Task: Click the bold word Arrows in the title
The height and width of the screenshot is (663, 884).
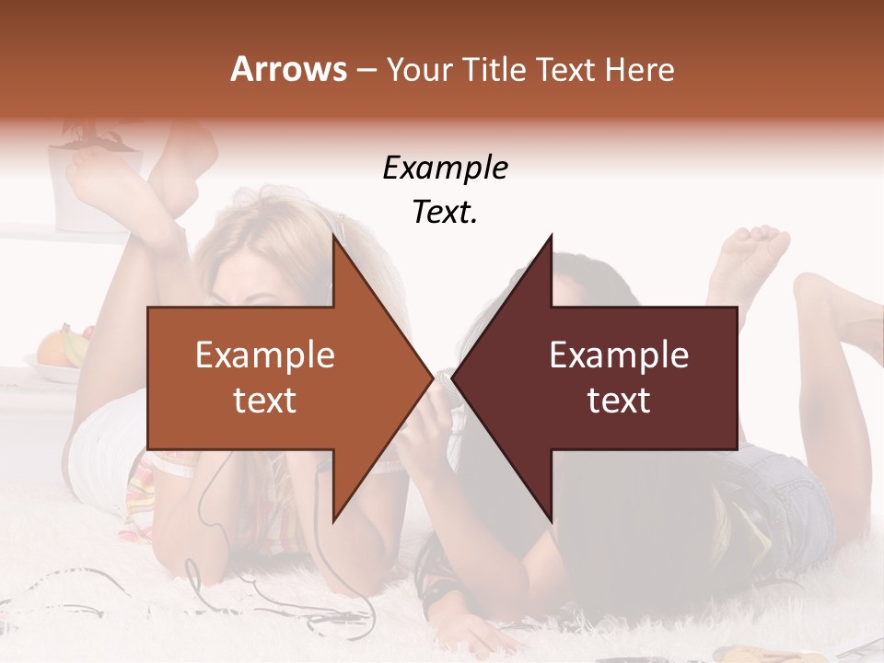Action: pos(289,69)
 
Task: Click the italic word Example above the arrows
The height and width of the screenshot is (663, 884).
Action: pos(445,169)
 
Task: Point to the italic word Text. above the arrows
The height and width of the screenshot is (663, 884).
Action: pos(445,213)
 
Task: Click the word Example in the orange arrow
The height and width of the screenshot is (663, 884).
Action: pos(265,355)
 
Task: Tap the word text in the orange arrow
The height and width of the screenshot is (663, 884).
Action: pos(265,401)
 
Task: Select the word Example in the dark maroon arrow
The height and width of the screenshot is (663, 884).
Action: pos(619,355)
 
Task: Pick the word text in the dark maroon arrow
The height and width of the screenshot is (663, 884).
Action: pos(619,401)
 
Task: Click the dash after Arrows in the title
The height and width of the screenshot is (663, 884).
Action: pos(365,70)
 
